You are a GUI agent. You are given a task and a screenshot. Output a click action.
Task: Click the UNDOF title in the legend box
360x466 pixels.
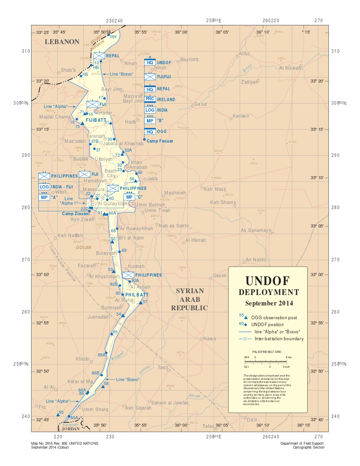268,281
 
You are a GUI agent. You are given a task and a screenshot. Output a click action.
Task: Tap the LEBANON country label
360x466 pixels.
62,42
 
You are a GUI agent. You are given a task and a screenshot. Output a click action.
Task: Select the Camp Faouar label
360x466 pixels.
160,141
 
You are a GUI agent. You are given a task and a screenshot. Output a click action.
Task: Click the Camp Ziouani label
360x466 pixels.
76,214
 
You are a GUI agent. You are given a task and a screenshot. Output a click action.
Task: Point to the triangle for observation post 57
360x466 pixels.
140,303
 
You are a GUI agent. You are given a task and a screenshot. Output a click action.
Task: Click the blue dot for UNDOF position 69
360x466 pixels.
119,252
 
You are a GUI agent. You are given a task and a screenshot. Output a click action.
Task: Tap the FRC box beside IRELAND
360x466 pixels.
150,99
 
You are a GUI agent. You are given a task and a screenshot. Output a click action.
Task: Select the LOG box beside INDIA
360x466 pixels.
150,110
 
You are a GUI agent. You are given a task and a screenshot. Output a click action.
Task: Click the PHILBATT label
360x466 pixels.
137,295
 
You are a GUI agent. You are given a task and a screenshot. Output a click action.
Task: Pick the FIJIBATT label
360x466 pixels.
96,120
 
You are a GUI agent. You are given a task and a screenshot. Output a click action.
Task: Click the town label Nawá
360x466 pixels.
209,338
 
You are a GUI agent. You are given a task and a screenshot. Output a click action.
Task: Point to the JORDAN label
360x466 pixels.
71,429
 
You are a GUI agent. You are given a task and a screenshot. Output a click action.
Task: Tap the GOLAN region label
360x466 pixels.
83,248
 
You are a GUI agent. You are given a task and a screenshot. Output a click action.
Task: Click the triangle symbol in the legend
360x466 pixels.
246,317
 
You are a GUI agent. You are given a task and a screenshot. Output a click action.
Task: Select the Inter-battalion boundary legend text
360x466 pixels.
279,339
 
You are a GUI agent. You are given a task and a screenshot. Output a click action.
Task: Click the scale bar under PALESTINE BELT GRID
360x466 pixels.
268,362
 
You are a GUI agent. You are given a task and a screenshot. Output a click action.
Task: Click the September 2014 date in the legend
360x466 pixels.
269,303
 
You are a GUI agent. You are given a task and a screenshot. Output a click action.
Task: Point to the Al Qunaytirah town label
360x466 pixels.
112,203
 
